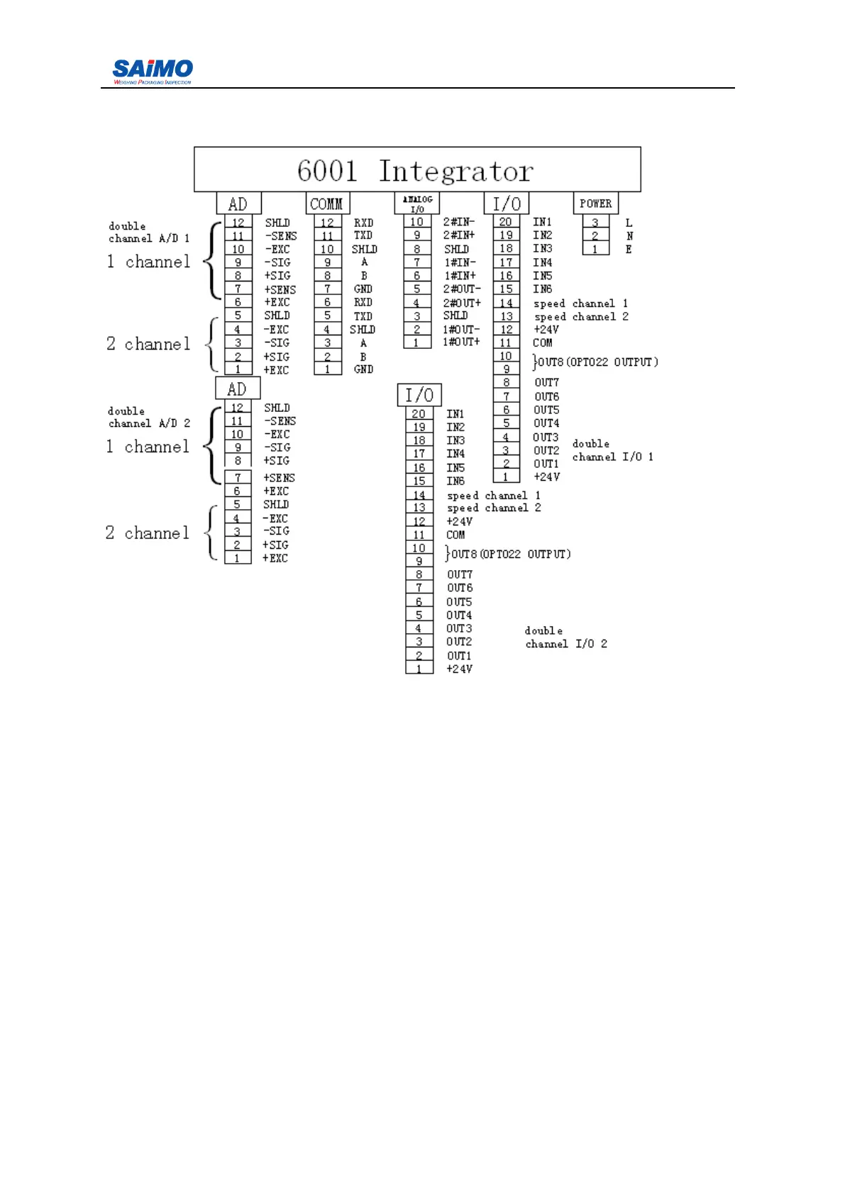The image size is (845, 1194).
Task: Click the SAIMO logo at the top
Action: [x=153, y=71]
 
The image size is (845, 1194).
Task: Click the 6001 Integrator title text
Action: [x=415, y=171]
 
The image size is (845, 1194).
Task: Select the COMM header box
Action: [x=327, y=203]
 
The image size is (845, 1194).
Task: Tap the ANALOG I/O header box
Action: [x=417, y=203]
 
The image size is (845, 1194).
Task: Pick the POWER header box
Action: [x=595, y=203]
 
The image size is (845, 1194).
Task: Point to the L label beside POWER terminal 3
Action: [x=629, y=223]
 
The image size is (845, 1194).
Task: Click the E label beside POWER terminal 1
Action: [x=629, y=249]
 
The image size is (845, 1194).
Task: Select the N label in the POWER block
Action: [x=629, y=235]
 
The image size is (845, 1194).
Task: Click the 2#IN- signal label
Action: [x=459, y=222]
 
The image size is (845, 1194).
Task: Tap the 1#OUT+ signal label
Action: [x=461, y=342]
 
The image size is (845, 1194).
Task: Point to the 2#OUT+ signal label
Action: [x=462, y=303]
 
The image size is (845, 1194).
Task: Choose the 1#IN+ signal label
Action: [x=460, y=276]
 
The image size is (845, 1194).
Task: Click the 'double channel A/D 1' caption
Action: [x=148, y=233]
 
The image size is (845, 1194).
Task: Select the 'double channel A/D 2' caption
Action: [x=148, y=418]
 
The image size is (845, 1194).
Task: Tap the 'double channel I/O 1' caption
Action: [x=612, y=450]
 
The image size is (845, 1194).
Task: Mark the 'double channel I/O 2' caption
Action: [x=565, y=637]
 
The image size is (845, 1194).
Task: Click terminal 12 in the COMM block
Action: [x=327, y=223]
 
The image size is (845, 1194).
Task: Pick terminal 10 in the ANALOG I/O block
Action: [x=417, y=222]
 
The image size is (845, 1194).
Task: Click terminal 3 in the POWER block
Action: [x=595, y=223]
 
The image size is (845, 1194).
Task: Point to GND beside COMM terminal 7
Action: [x=363, y=289]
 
